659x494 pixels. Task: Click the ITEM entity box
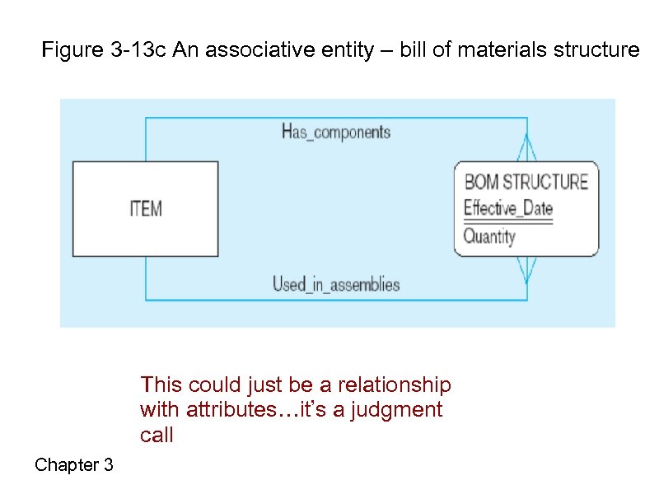(x=146, y=208)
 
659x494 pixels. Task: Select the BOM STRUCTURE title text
(x=526, y=182)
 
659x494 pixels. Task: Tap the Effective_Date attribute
(x=507, y=207)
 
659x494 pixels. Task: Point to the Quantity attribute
(x=489, y=237)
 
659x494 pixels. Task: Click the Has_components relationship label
(x=336, y=132)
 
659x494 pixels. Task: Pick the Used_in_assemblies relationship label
(x=336, y=285)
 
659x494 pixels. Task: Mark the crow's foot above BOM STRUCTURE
(x=527, y=149)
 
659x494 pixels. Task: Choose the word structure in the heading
(x=598, y=50)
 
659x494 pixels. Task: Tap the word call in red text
(x=157, y=435)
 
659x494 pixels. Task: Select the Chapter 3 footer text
(x=74, y=465)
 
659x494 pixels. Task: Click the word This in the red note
(x=161, y=384)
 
